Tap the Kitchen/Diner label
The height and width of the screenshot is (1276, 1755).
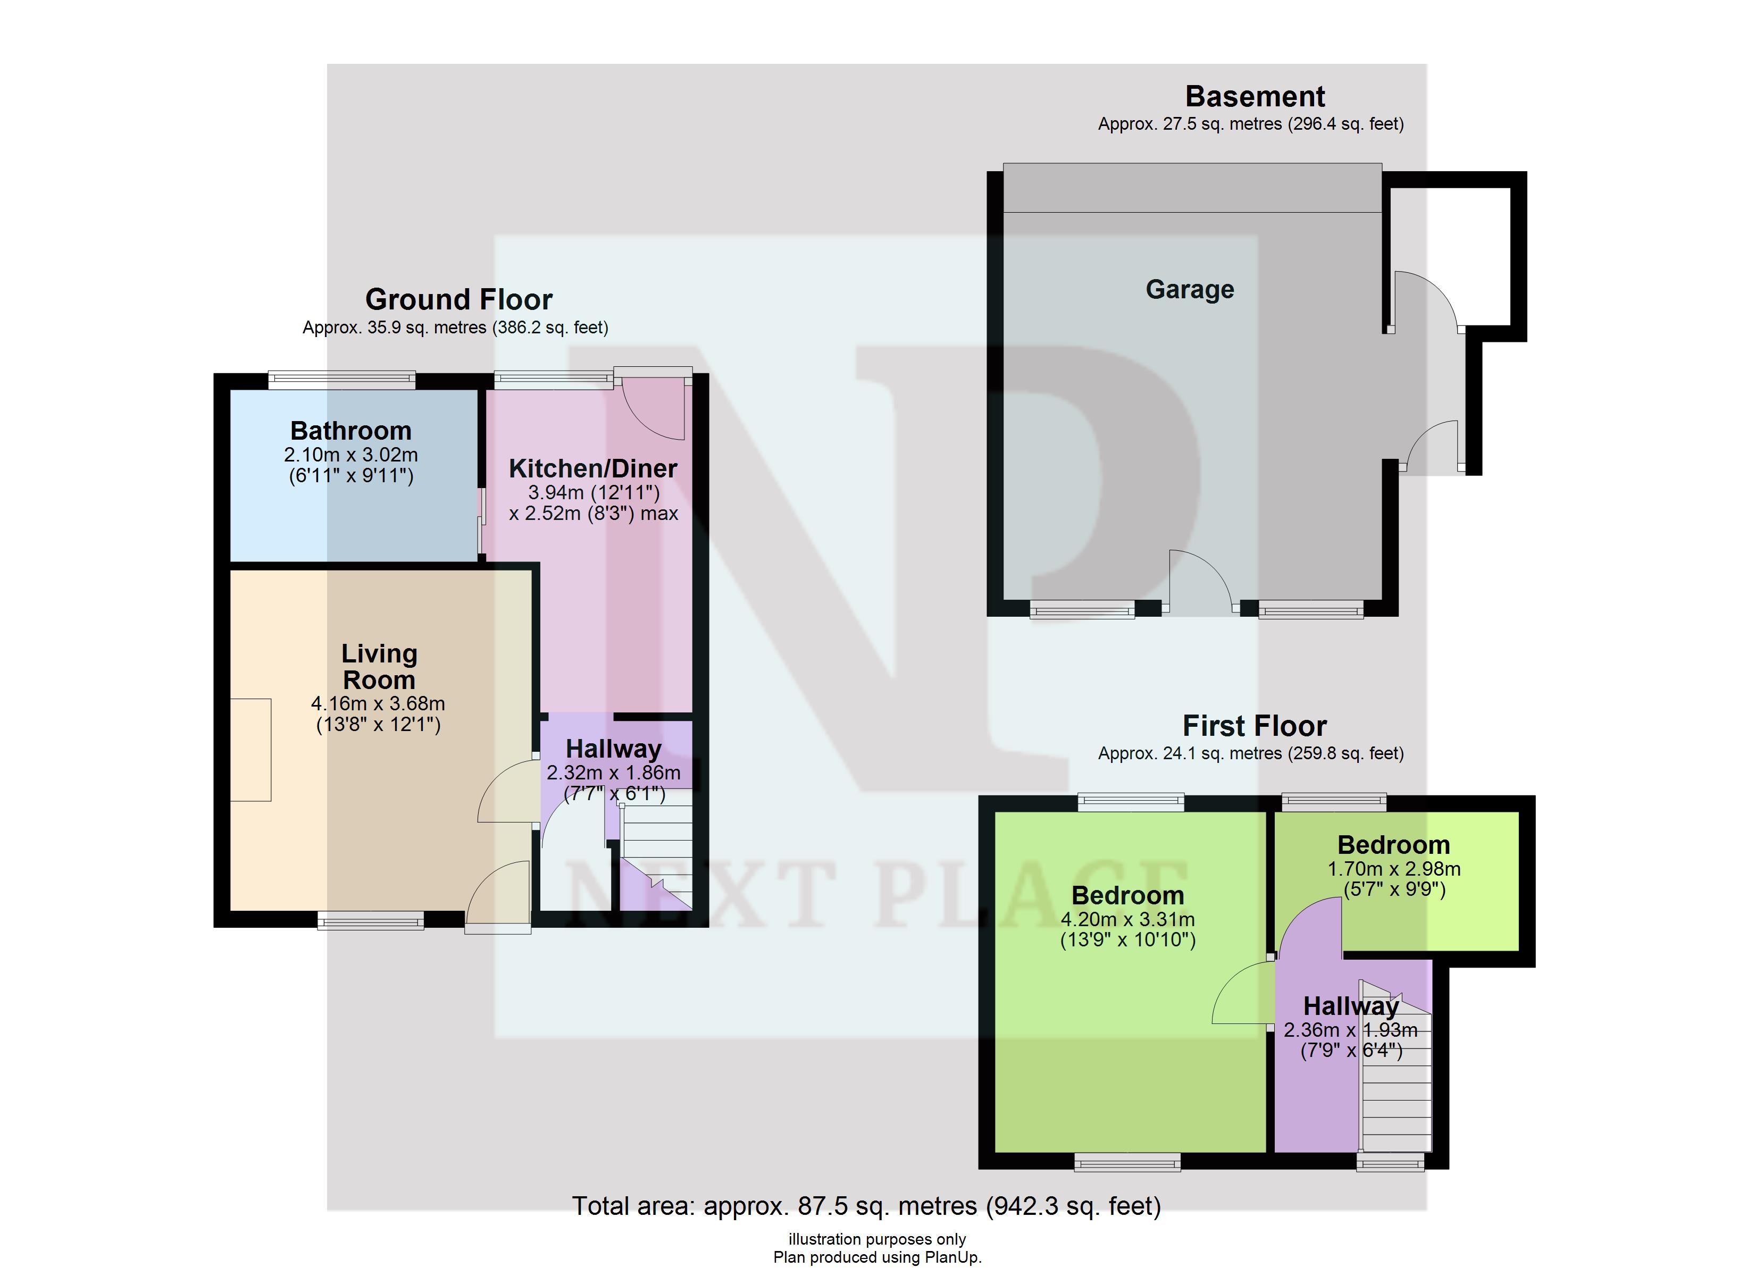[593, 469]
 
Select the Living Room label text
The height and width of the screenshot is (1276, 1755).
[379, 667]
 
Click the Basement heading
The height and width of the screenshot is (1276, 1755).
[1255, 97]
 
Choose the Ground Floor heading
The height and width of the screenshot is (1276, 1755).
[459, 299]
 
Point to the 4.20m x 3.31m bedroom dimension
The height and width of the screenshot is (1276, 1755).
[1127, 920]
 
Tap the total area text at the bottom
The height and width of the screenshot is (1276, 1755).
[867, 1206]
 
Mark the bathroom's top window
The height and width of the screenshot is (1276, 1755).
[342, 379]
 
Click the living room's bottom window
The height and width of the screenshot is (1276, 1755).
[371, 920]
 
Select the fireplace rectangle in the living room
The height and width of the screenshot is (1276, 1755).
[250, 750]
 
